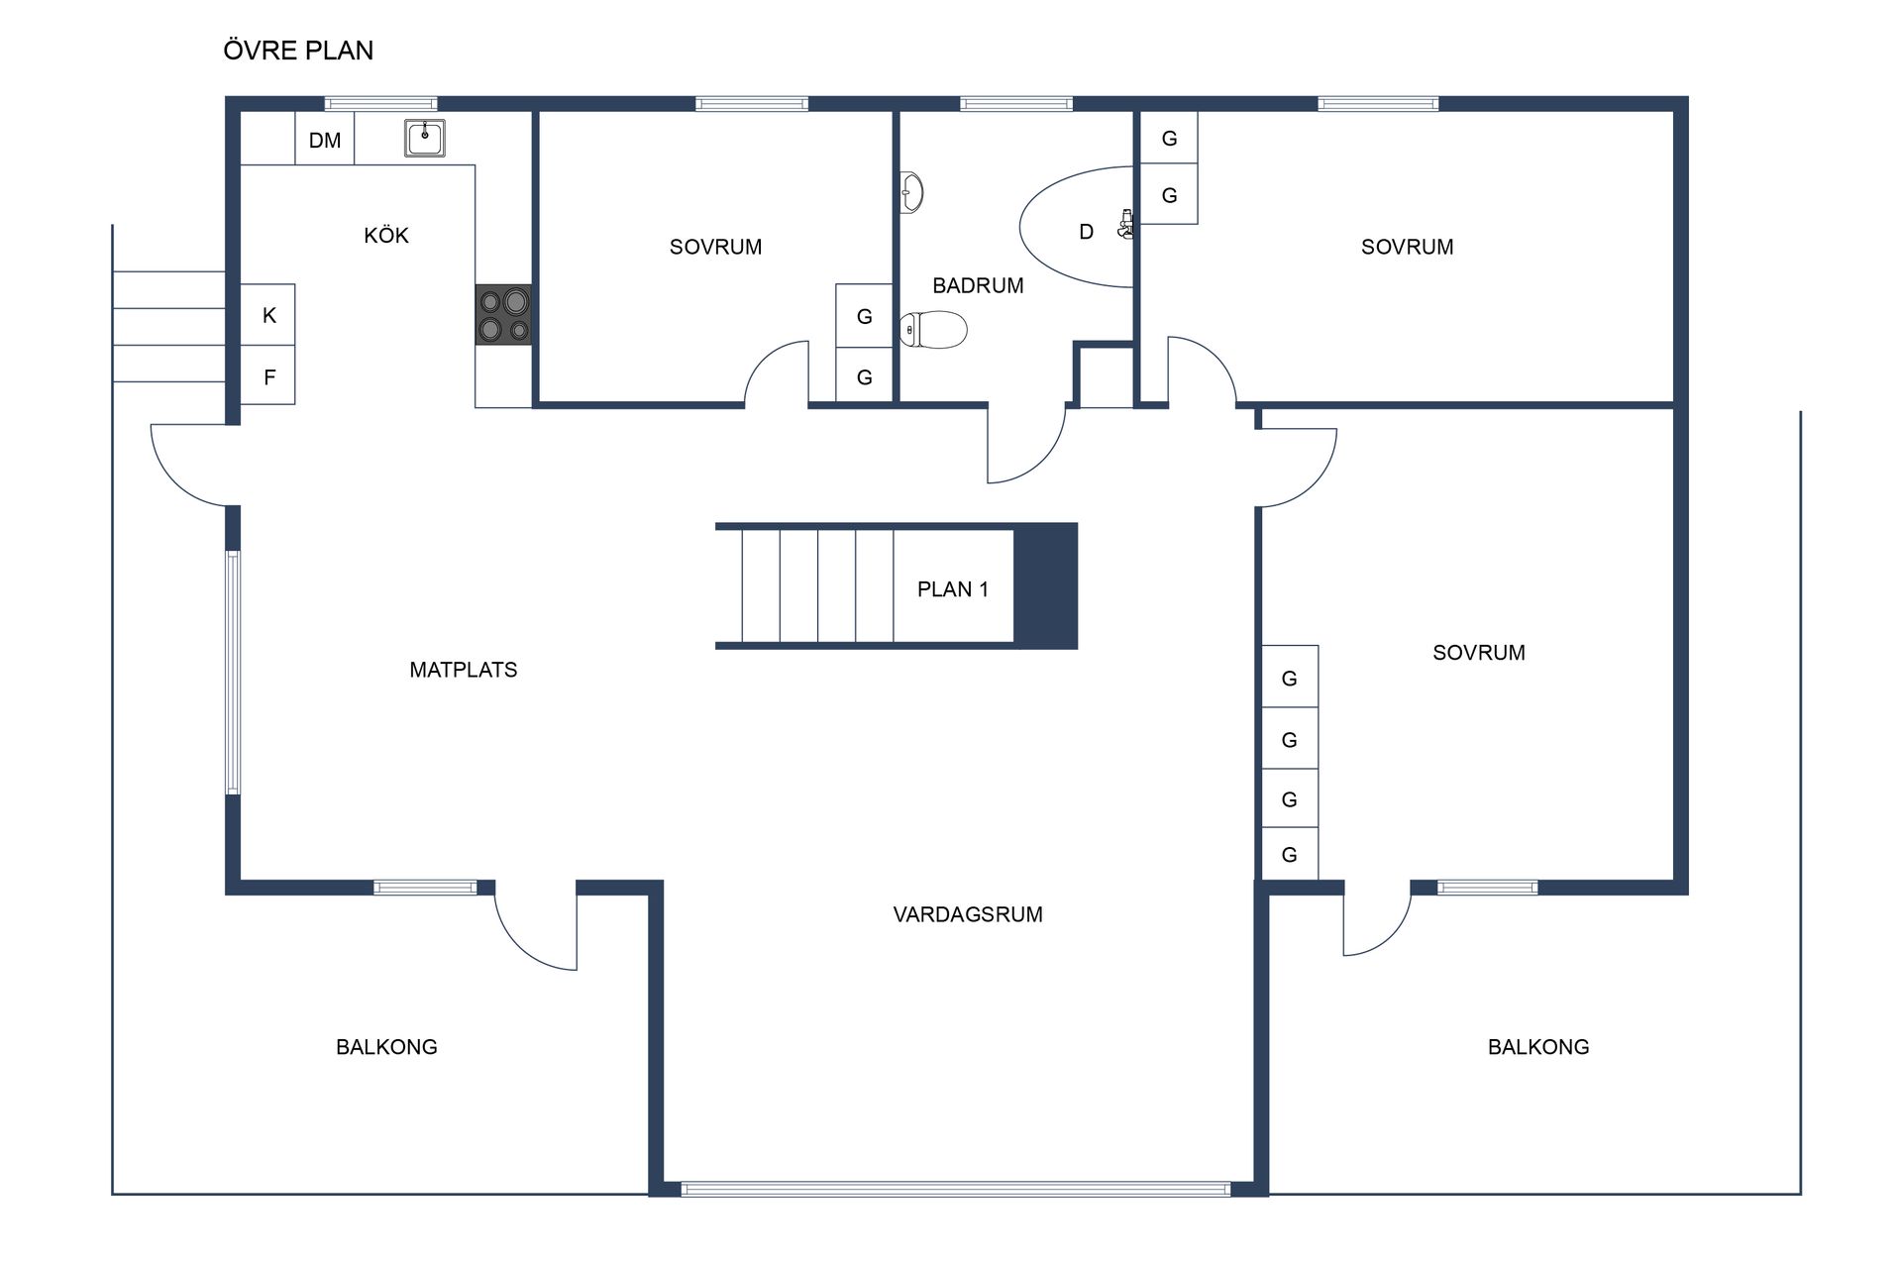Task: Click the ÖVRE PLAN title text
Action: [298, 51]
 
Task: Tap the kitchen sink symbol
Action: [425, 138]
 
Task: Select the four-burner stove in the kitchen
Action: [503, 315]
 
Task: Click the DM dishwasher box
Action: [325, 140]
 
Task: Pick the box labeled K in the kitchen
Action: [268, 315]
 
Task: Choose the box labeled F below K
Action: [268, 376]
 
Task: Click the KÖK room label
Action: [385, 236]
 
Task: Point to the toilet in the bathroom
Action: [933, 330]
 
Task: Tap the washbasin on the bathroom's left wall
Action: [911, 192]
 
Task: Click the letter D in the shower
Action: [1086, 232]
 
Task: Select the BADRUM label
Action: [978, 286]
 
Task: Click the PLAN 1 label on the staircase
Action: [952, 589]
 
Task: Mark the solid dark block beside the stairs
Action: [1045, 586]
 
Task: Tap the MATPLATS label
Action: [463, 670]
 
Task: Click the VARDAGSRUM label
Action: [967, 914]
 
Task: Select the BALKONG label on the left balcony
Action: [386, 1047]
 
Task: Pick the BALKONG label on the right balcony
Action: [1537, 1047]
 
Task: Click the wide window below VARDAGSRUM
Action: [955, 1189]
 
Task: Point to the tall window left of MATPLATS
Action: [233, 673]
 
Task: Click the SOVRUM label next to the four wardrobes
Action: [1478, 653]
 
